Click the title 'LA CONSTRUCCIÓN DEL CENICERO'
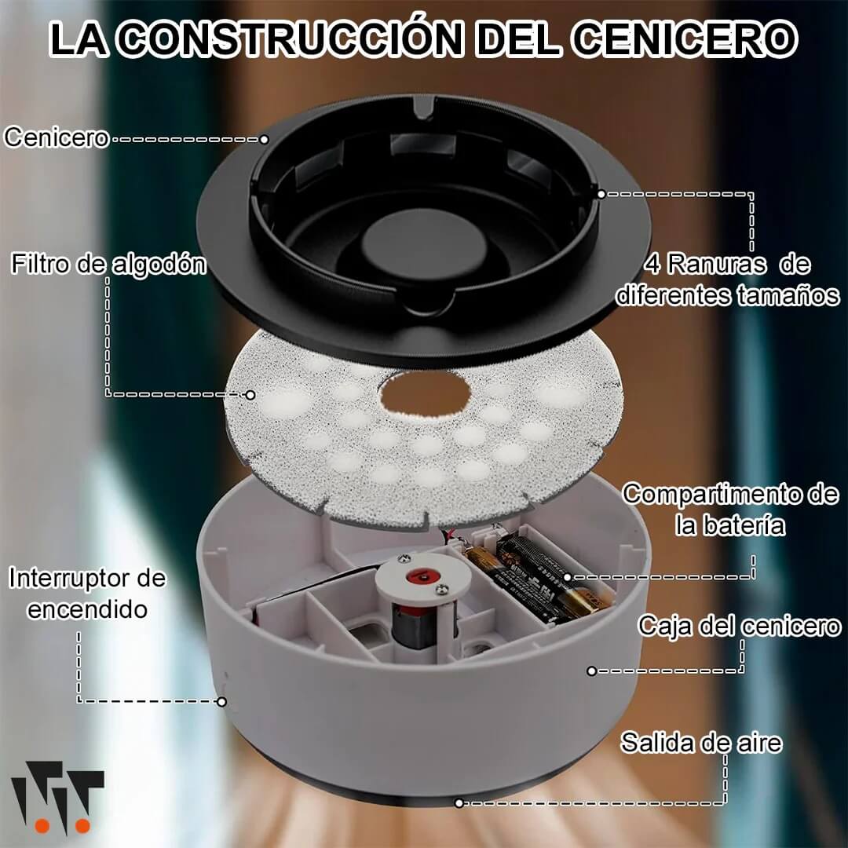point(423,39)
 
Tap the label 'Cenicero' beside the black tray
point(57,137)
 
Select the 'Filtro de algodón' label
point(108,264)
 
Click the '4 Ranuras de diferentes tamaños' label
point(727,280)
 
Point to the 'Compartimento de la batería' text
point(730,510)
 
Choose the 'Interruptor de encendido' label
point(87,594)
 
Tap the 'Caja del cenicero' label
point(740,627)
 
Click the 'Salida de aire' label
point(701,743)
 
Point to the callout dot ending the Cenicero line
point(264,140)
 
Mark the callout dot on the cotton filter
point(250,395)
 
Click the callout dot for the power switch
point(221,702)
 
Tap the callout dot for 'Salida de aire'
point(459,803)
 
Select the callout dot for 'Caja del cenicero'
point(592,671)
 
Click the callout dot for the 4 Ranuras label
point(601,194)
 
